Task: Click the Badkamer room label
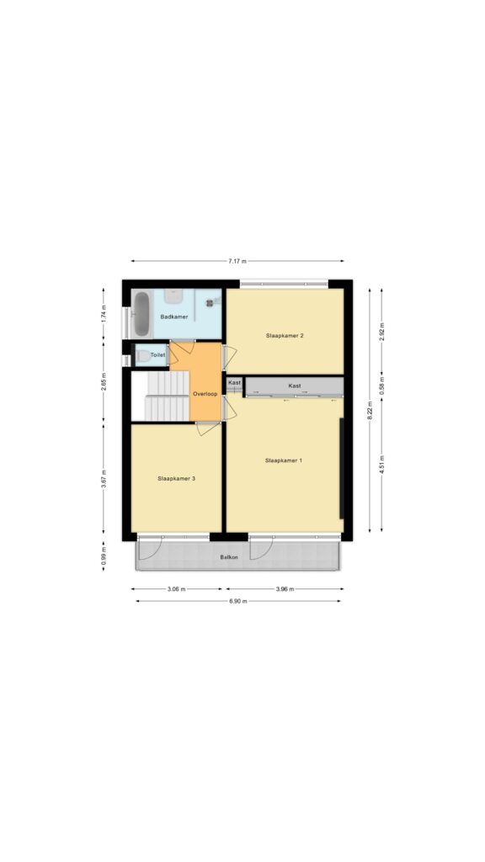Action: (x=173, y=317)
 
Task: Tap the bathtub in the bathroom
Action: (x=141, y=314)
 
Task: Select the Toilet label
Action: (x=157, y=355)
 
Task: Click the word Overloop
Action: (x=205, y=394)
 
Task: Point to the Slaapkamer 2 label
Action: (x=285, y=335)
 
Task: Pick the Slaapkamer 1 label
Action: (x=283, y=460)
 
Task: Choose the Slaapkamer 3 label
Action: (x=176, y=479)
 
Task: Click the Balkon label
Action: (x=229, y=557)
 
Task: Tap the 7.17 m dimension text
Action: (x=237, y=261)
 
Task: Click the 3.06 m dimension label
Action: (x=177, y=588)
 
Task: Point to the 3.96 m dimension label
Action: (x=285, y=588)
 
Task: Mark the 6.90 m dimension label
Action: (x=238, y=601)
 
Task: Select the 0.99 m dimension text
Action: (x=104, y=556)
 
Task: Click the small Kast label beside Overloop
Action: (x=234, y=382)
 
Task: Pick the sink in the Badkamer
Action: (x=173, y=296)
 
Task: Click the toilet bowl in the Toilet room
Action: (x=143, y=356)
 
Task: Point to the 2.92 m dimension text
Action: (x=381, y=332)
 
